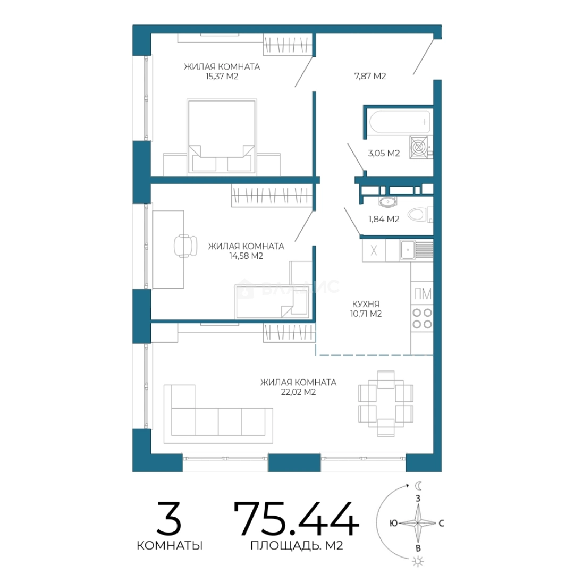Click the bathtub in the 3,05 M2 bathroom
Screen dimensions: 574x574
(400, 122)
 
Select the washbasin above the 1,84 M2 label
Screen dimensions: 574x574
(387, 201)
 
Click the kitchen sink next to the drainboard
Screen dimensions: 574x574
(407, 250)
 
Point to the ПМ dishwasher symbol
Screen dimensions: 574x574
(423, 293)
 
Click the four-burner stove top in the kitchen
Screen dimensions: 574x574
(422, 318)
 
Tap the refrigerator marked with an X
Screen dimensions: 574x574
(374, 250)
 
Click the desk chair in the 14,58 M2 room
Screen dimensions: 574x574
(185, 246)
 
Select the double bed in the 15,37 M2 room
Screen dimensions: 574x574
(222, 136)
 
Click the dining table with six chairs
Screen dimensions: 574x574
(386, 403)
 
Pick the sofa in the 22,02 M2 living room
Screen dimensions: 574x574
(218, 414)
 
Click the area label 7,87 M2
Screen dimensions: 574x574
(370, 76)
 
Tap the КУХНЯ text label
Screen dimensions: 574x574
(366, 304)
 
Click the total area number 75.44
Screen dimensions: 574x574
(296, 519)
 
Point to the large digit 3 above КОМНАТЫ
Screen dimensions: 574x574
(169, 518)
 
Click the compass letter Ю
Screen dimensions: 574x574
(393, 524)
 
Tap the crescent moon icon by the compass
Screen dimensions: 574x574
(418, 486)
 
